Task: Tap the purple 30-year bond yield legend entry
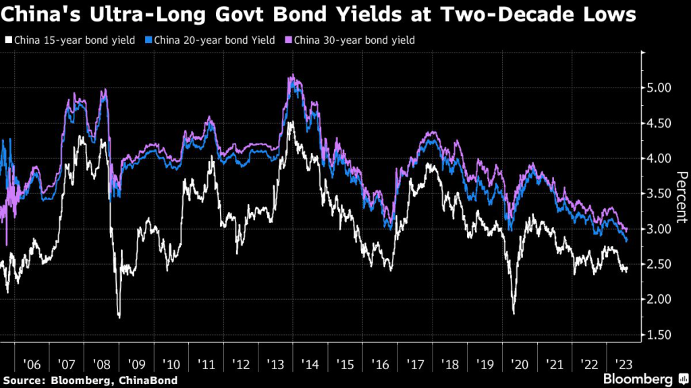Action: [x=351, y=40]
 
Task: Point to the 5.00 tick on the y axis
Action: [x=659, y=88]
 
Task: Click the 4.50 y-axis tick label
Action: [x=659, y=123]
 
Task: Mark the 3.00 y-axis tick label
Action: [x=659, y=229]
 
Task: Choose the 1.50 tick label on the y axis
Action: [x=659, y=335]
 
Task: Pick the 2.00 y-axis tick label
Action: [x=659, y=300]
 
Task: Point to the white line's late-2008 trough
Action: [x=119, y=317]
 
